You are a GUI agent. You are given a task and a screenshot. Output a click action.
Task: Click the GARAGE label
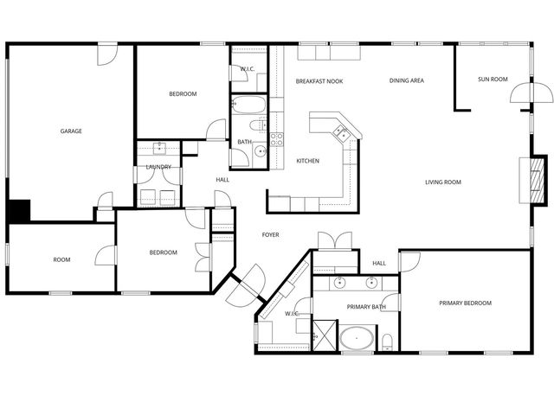pyautogui.click(x=71, y=131)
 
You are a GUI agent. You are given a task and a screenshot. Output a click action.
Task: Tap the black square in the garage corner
pyautogui.click(x=19, y=211)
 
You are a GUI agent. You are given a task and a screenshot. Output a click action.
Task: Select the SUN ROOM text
pyautogui.click(x=493, y=80)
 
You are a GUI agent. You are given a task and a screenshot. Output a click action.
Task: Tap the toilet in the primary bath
pyautogui.click(x=387, y=339)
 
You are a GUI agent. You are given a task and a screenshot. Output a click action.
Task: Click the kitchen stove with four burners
pyautogui.click(x=277, y=137)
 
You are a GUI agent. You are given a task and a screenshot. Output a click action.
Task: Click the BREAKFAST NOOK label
pyautogui.click(x=319, y=81)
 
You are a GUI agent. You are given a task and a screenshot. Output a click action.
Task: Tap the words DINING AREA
pyautogui.click(x=406, y=80)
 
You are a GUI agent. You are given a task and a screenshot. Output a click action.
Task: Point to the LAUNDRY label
pyautogui.click(x=158, y=167)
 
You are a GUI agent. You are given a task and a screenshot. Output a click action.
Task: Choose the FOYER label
pyautogui.click(x=270, y=234)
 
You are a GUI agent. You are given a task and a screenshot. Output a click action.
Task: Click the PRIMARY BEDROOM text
pyautogui.click(x=465, y=303)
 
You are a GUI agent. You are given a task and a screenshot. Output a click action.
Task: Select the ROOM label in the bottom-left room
pyautogui.click(x=61, y=259)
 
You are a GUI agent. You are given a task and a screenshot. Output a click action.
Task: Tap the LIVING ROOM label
pyautogui.click(x=442, y=182)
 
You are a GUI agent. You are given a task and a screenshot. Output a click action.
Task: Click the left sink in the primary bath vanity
pyautogui.click(x=339, y=283)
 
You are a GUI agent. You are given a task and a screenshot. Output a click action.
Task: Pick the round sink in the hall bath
pyautogui.click(x=259, y=151)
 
